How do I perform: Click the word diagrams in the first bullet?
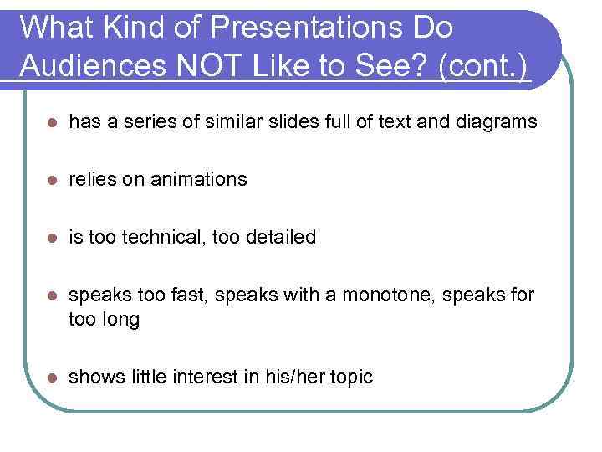[x=497, y=122]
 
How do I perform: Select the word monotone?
[x=393, y=295]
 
